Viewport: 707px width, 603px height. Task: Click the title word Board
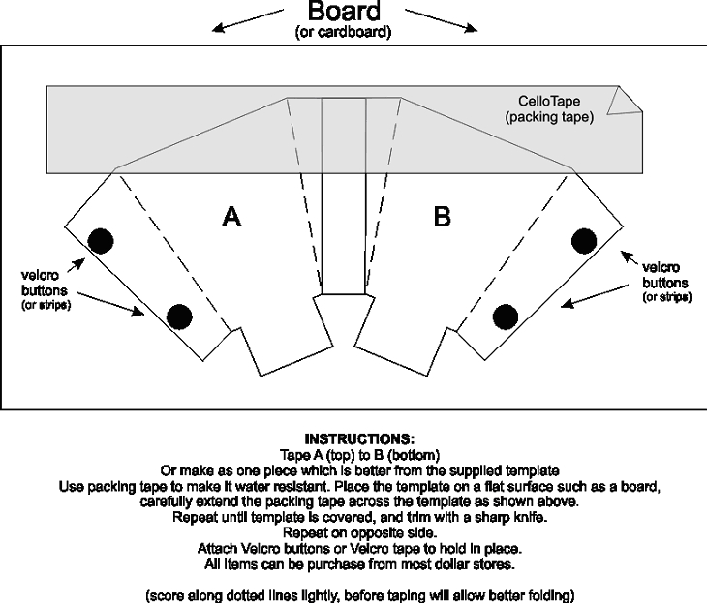(344, 13)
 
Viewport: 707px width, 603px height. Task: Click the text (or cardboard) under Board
(344, 33)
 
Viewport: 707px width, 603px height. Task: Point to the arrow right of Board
(442, 21)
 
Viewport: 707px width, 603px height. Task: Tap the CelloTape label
(550, 101)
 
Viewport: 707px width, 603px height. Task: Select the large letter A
(231, 218)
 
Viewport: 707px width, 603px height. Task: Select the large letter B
(442, 218)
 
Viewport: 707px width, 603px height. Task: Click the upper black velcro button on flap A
(100, 239)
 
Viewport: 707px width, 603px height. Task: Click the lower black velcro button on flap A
(179, 316)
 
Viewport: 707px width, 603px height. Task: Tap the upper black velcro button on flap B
(584, 239)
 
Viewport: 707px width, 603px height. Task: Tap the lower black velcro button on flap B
(505, 316)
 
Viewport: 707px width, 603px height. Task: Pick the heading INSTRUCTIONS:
(353, 439)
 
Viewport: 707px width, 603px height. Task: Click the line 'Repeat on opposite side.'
(353, 532)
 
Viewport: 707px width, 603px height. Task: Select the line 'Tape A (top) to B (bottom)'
(353, 455)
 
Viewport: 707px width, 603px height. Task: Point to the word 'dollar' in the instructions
(454, 563)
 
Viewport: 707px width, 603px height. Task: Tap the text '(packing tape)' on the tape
(549, 117)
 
